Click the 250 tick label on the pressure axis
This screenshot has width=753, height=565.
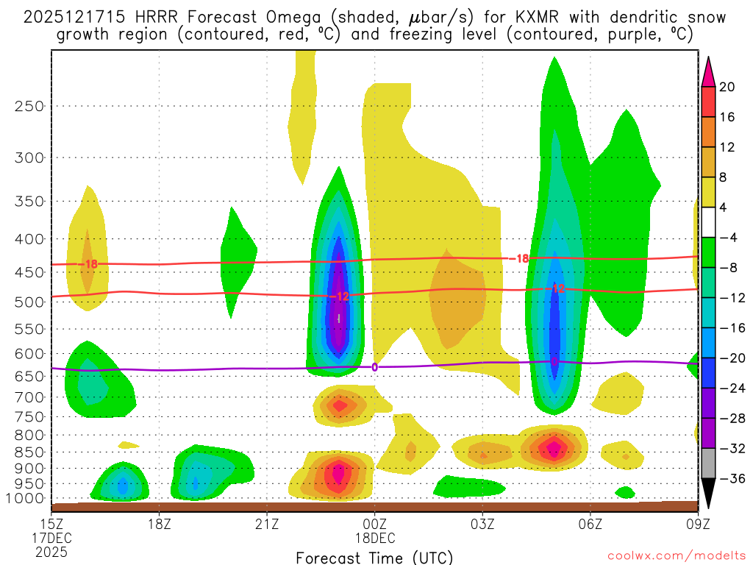click(29, 106)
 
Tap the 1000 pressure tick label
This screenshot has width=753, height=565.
click(26, 499)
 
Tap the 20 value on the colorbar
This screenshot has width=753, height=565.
click(727, 87)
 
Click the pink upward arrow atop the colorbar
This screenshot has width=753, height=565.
click(708, 71)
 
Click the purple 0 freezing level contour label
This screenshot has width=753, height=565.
click(374, 366)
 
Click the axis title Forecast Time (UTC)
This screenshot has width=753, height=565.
click(374, 557)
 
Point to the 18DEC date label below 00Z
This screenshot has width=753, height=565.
click(374, 539)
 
